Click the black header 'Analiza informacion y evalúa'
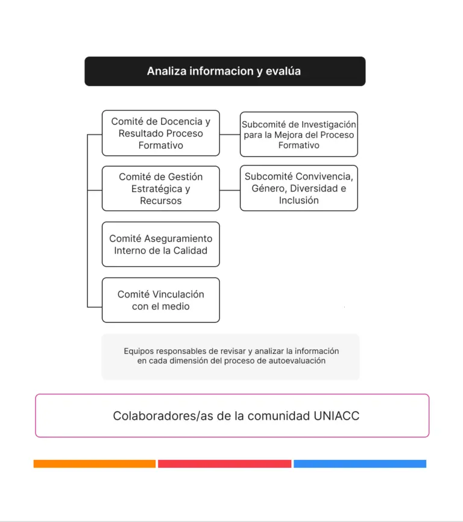225,71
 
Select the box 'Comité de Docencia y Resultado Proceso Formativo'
160,133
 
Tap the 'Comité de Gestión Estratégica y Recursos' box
160,188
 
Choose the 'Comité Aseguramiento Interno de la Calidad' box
160,244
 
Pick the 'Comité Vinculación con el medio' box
160,300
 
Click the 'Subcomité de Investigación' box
299,134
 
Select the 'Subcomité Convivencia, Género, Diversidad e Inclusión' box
299,188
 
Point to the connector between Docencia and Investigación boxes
230,134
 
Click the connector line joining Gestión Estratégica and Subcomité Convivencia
230,190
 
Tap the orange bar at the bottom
95,464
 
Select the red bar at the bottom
224,464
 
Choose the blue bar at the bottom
360,464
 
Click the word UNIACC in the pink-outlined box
336,416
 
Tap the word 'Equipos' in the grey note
138,351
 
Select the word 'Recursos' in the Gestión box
160,200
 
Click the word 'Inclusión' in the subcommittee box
299,200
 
